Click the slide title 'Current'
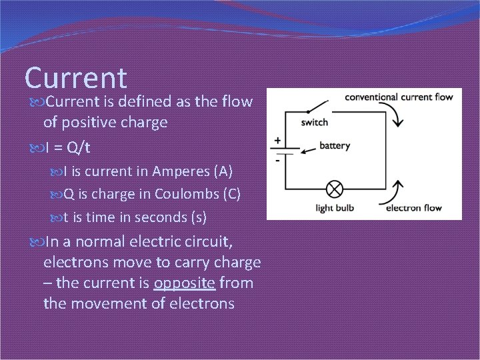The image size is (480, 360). [x=75, y=77]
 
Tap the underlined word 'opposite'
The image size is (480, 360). [x=185, y=283]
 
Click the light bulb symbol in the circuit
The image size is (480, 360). [x=333, y=189]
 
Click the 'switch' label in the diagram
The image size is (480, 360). [x=314, y=123]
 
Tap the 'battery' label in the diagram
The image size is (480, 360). [x=335, y=145]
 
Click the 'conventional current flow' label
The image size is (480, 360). [x=398, y=97]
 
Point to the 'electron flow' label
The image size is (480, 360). [x=414, y=208]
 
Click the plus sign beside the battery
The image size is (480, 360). [x=276, y=141]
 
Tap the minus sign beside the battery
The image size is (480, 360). [x=276, y=161]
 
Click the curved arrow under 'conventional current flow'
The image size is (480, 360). [x=397, y=118]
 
